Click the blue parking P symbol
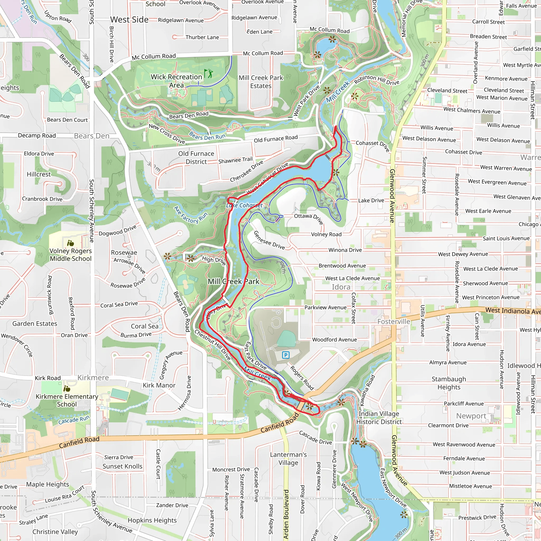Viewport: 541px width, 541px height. (286, 355)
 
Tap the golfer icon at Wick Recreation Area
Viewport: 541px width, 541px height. (208, 74)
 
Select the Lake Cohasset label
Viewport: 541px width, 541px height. (244, 206)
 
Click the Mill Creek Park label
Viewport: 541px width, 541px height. (233, 281)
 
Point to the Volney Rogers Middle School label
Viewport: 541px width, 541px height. (71, 255)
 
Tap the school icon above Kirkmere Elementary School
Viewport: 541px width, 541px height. (67, 389)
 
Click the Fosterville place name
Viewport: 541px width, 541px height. (393, 321)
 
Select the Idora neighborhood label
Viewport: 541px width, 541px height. (341, 287)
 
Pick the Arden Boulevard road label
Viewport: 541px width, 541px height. (286, 515)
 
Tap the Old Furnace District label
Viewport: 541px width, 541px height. (196, 158)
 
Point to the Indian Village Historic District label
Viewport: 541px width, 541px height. (379, 418)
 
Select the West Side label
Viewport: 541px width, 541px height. (129, 20)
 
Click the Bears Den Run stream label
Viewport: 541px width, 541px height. (207, 136)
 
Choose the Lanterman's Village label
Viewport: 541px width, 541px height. (288, 459)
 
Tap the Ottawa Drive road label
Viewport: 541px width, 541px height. (308, 218)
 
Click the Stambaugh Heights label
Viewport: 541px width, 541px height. (449, 383)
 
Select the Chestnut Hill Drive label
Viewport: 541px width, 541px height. (213, 345)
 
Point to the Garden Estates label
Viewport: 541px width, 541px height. (35, 324)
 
